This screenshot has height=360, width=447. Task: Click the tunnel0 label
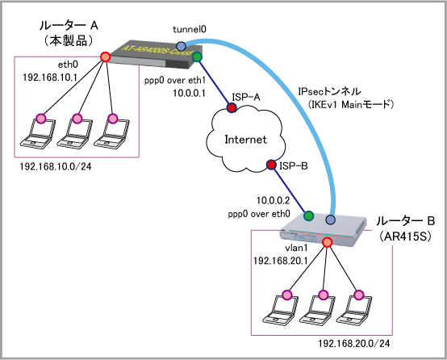190,29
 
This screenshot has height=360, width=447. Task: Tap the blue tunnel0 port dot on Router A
181,46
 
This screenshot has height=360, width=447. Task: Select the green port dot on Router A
197,57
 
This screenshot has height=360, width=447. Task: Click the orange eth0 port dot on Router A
105,57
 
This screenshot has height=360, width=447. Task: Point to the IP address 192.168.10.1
50,77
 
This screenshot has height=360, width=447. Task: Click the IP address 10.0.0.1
189,93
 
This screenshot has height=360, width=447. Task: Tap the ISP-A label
246,98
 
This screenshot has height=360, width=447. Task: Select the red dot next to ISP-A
232,107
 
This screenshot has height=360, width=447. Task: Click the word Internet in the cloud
246,140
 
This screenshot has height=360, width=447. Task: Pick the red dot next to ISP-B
271,165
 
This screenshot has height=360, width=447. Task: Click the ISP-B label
294,165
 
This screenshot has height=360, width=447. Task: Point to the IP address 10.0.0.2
273,200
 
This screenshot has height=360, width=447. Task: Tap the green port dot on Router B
308,216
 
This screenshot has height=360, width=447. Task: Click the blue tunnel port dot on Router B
330,220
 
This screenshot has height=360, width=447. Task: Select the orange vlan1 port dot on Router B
327,242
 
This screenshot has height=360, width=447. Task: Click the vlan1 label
296,248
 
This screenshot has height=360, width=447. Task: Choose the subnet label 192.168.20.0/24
353,344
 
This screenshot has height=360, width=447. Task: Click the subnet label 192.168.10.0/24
56,166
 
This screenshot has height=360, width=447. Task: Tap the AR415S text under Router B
405,237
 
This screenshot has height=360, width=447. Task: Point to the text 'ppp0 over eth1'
175,81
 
